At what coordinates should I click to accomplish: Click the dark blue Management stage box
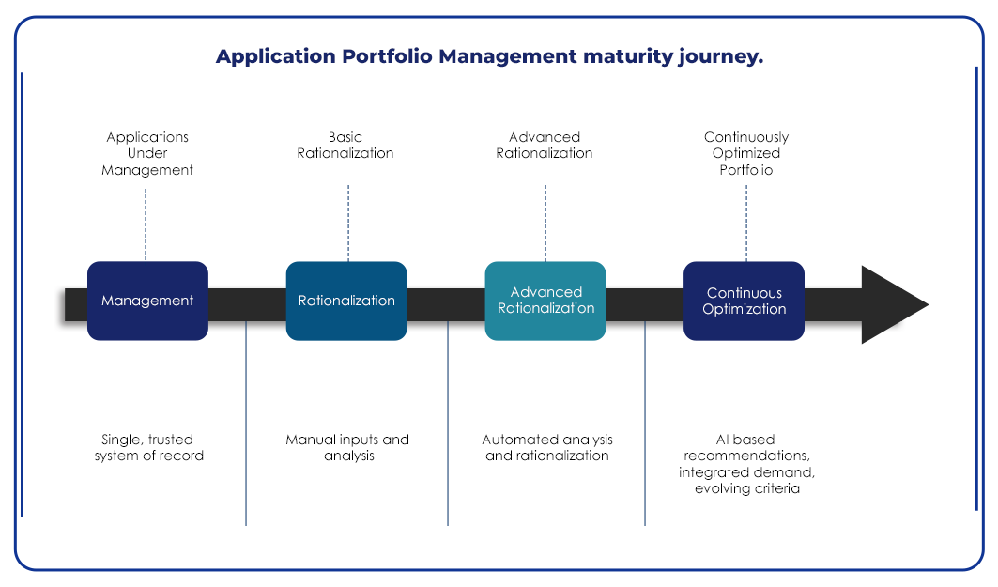147,301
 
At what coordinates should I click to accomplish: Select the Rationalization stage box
346,301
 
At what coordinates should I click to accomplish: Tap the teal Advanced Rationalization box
545,301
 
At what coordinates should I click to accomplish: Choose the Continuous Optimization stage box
745,301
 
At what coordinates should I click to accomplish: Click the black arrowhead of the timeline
891,304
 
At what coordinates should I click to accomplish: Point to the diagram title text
489,56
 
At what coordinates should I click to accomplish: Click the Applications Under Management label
147,153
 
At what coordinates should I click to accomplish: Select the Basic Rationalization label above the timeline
345,146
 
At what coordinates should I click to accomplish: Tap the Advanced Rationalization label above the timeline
545,146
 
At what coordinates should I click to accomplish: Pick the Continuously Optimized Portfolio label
746,153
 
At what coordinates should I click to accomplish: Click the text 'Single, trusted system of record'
149,448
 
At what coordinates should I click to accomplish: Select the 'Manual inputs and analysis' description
347,448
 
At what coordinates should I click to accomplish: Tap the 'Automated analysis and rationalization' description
547,448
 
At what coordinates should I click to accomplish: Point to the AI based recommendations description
746,463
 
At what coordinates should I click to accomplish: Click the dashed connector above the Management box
146,224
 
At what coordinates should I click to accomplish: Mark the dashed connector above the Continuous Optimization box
746,223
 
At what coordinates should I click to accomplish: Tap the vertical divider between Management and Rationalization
246,423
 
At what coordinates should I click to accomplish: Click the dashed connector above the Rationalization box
348,223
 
